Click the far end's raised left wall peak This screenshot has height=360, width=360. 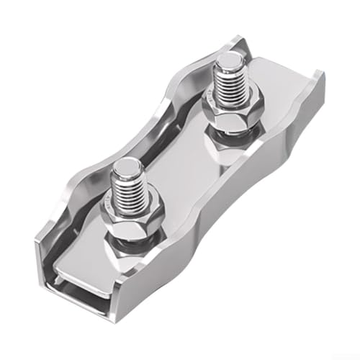(242, 40)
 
